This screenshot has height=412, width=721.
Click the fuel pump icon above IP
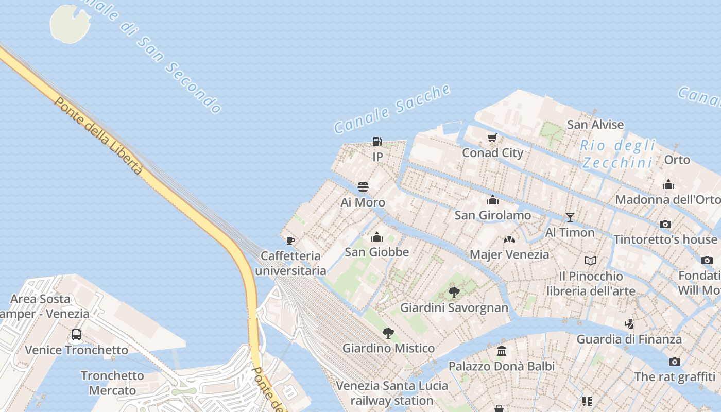377,142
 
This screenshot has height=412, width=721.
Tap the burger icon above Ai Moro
363,187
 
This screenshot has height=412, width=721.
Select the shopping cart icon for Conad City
492,138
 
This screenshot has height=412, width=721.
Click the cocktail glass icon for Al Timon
570,217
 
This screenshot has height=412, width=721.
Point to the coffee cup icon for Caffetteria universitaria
290,241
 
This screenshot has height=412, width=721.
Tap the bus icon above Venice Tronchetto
76,335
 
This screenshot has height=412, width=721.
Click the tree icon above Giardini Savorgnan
454,293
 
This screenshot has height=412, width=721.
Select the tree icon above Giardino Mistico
389,333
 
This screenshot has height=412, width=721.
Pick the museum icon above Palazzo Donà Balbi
502,351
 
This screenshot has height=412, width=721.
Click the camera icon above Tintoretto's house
665,224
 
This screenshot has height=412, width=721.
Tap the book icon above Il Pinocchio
591,261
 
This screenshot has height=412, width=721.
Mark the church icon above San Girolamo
493,200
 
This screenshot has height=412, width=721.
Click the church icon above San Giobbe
377,237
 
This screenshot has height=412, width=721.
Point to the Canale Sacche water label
392,109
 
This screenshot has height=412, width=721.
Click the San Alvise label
595,125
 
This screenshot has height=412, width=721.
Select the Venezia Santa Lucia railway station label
392,393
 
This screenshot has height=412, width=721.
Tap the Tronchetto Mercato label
112,383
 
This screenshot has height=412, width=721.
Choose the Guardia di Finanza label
629,339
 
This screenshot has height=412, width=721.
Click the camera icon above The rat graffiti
675,362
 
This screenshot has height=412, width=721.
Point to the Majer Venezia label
509,254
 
